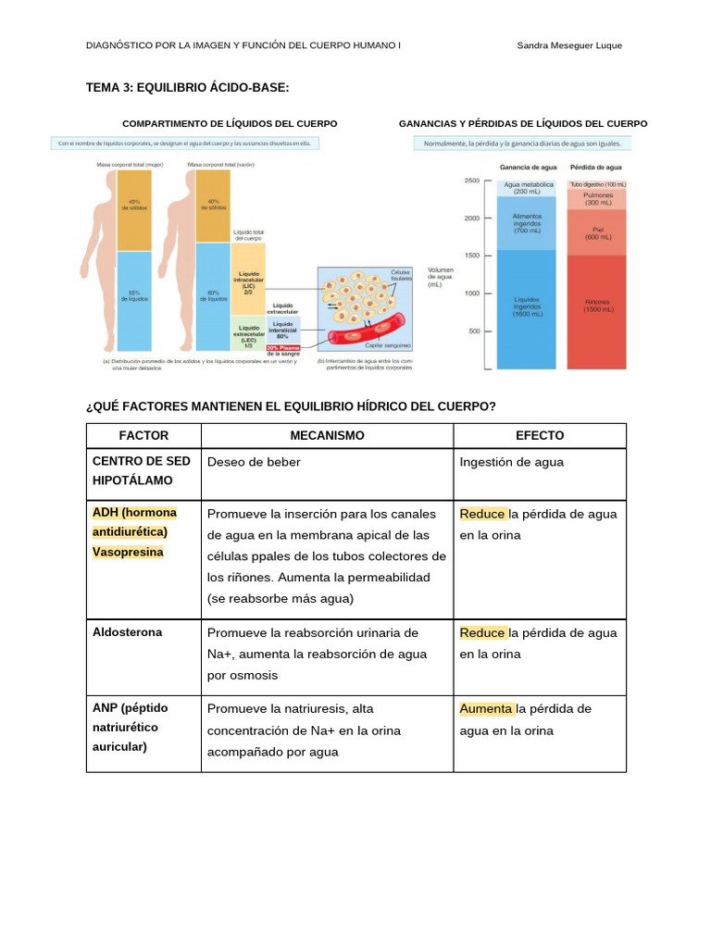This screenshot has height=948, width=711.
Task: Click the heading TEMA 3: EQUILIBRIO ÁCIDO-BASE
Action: coord(187,87)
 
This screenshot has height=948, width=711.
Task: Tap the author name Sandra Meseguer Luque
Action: coord(568,45)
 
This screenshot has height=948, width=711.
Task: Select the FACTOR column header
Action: coord(143,435)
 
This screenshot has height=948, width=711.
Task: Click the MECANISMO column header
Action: coord(327,435)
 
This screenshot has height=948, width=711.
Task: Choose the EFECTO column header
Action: coord(539,435)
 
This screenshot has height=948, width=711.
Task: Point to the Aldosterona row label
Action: coord(127,632)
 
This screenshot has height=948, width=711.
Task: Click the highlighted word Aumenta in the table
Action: coord(486,709)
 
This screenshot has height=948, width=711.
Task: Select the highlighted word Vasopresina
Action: coord(128,552)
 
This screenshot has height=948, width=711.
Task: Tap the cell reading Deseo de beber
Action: coord(254,462)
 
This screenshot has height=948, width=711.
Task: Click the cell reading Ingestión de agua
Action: coord(511,462)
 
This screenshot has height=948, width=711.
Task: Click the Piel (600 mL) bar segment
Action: coord(597,232)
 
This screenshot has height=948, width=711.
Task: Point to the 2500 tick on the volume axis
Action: coord(472,181)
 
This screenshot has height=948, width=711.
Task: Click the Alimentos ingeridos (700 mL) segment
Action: coord(526,223)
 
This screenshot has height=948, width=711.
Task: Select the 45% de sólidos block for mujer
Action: coord(134,206)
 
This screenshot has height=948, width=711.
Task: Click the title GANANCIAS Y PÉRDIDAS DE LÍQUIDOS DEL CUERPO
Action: coord(522,124)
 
